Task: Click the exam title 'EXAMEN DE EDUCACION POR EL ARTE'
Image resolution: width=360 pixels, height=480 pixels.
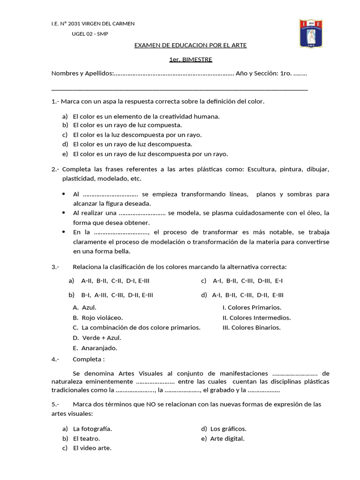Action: click(x=190, y=45)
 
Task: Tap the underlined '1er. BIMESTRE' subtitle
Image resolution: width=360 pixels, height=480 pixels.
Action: click(x=190, y=60)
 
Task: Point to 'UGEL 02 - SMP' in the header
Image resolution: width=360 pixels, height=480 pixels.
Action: click(x=90, y=34)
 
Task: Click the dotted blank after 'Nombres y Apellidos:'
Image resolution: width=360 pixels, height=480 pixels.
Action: click(x=174, y=74)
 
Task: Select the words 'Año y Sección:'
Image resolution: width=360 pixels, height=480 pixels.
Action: click(x=257, y=74)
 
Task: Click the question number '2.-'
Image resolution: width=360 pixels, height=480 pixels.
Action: click(x=55, y=169)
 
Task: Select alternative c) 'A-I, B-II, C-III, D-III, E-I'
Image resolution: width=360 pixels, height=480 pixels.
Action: click(x=247, y=281)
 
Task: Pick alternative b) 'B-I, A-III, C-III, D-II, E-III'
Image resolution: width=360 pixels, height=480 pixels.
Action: click(x=117, y=295)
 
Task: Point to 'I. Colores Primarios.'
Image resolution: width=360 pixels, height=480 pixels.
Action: click(x=252, y=307)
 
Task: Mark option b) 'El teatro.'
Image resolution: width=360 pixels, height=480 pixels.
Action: click(x=86, y=439)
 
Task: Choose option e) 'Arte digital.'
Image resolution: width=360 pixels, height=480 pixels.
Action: click(x=227, y=439)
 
